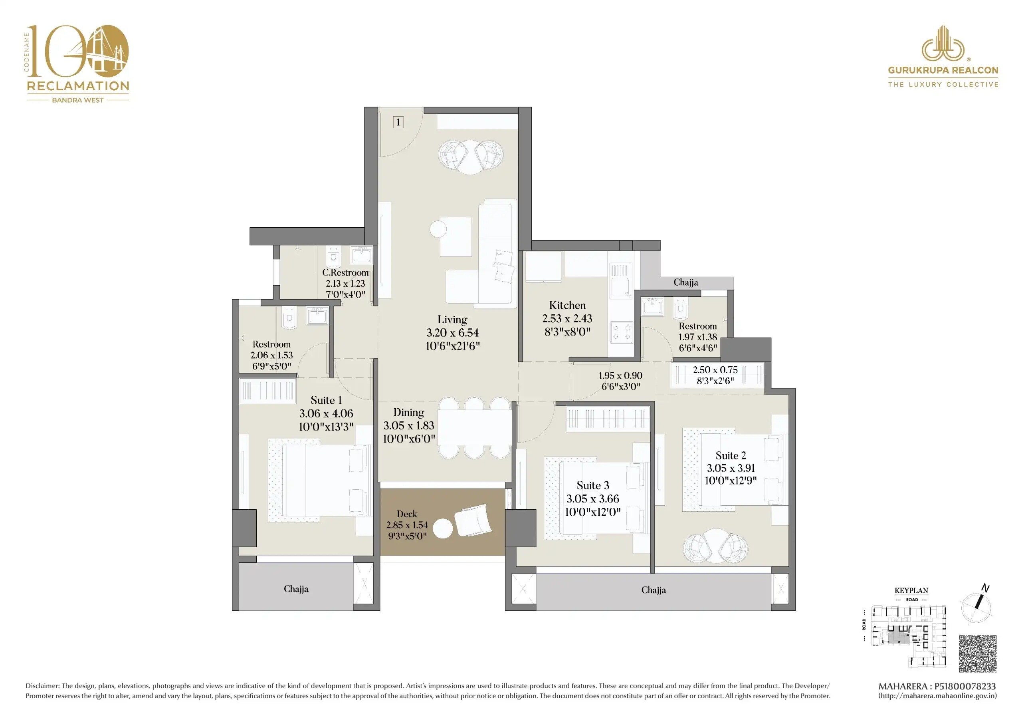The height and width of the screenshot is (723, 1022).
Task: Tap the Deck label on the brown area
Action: (x=407, y=514)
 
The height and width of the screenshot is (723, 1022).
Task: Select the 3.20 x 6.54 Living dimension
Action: (x=452, y=333)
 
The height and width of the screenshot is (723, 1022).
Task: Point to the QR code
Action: (x=978, y=653)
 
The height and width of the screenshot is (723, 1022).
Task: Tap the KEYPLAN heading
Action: (x=911, y=591)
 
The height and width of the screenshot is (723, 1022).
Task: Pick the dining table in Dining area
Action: (x=474, y=428)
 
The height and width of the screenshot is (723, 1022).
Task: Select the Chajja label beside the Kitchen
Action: (x=685, y=282)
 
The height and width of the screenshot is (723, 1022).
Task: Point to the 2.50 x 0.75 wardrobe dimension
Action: (x=715, y=370)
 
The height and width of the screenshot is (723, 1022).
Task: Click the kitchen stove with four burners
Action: (x=621, y=332)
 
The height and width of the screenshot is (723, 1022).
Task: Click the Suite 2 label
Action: (x=731, y=455)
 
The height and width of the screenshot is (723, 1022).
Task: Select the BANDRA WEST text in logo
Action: (x=78, y=100)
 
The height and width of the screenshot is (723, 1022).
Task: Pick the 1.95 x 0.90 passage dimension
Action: (x=620, y=375)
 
